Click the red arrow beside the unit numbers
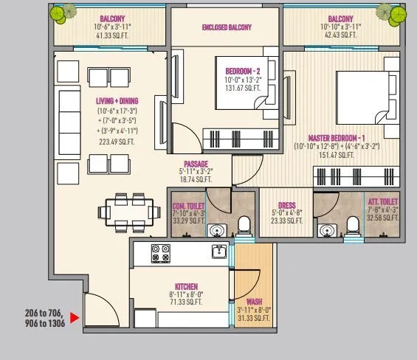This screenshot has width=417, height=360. pos(75,321)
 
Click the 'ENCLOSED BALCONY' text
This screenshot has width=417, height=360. pos(226,28)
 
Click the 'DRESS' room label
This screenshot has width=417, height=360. pos(287,206)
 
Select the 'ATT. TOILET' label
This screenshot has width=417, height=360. pos(384,201)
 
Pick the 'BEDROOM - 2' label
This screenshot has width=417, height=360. pos(244,71)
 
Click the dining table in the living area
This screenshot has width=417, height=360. pos(124,212)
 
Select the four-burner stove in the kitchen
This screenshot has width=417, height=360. pos(162,252)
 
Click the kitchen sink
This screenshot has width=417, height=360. pos(218,252)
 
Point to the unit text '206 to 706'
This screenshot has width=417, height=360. pos(44,313)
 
